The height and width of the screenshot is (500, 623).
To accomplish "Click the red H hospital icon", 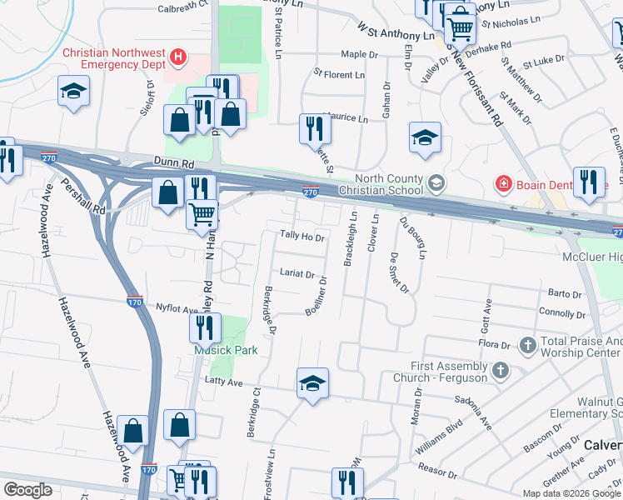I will pyautogui.click(x=177, y=57).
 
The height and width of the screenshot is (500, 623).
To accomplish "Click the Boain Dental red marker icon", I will pyautogui.click(x=503, y=182).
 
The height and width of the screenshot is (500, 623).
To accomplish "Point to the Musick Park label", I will pyautogui.click(x=226, y=350).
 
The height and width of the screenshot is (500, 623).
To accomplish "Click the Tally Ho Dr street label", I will pyautogui.click(x=302, y=237).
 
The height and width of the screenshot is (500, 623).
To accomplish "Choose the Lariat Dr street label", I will pyautogui.click(x=297, y=273).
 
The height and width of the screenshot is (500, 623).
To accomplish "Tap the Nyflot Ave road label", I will pyautogui.click(x=177, y=309).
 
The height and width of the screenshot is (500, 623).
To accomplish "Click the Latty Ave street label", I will pyautogui.click(x=222, y=382).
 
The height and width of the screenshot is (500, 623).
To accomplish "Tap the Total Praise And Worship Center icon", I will pyautogui.click(x=526, y=344).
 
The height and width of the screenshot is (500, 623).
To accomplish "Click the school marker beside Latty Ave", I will pyautogui.click(x=312, y=382).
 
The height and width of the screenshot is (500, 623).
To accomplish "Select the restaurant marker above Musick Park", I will pyautogui.click(x=205, y=327).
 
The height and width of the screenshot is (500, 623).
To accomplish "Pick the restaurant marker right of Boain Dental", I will pyautogui.click(x=589, y=182).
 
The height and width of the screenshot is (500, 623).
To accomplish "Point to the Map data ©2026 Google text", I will pyautogui.click(x=571, y=493).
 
